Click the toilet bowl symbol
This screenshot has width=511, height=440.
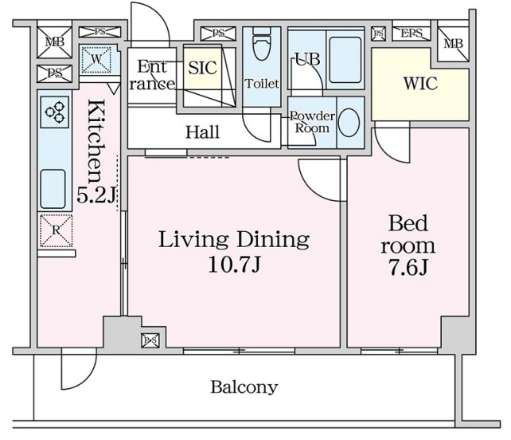262,45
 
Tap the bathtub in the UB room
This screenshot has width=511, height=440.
345,60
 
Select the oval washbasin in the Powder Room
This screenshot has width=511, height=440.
349,123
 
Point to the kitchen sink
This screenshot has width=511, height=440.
53,189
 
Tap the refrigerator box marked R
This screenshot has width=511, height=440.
56,230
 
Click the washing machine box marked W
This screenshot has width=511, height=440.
96,60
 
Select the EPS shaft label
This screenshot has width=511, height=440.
412,33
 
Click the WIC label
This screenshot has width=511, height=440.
420,83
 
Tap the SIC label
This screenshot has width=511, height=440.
202,68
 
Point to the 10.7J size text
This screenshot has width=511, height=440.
234,264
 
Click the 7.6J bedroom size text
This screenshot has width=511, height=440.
408,269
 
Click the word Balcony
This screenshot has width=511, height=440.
244,387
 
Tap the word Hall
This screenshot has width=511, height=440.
202,132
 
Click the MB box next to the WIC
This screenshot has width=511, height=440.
453,42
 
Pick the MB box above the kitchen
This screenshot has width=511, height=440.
54,41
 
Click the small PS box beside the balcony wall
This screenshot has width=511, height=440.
150,340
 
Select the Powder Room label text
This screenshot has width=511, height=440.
312,122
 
